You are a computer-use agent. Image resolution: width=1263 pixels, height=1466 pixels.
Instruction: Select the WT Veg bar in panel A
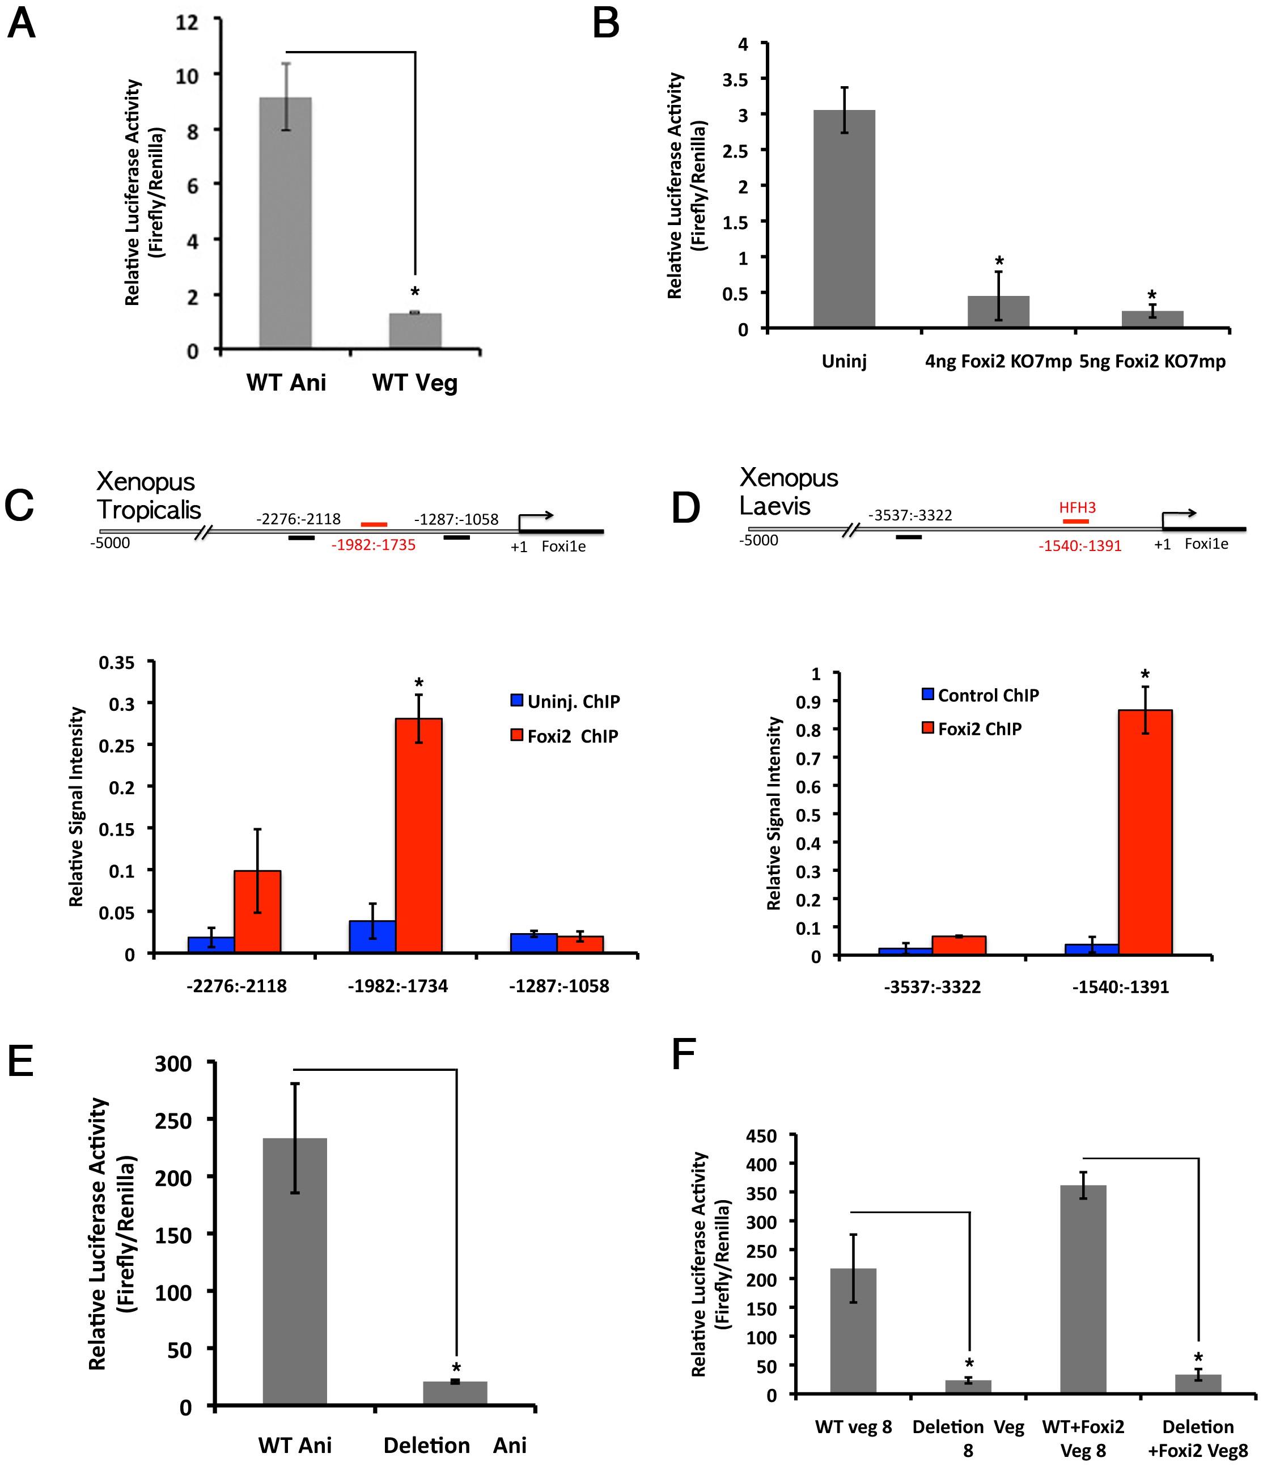click(416, 331)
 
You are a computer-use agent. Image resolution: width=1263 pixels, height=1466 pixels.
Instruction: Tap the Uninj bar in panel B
click(844, 219)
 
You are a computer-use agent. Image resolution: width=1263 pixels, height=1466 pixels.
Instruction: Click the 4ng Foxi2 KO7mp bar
click(998, 311)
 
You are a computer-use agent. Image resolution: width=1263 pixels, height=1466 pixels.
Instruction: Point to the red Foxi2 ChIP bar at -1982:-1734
click(419, 836)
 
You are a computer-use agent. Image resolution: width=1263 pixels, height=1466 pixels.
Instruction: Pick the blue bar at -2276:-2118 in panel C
click(211, 944)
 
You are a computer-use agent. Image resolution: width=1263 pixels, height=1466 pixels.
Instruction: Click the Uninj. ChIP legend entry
click(565, 701)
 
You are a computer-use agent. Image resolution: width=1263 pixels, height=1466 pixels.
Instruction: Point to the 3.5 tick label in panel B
click(735, 80)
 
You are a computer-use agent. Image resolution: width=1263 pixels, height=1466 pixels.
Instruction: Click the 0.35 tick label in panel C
click(116, 663)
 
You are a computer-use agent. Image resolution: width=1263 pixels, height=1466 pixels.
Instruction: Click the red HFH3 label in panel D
click(1077, 507)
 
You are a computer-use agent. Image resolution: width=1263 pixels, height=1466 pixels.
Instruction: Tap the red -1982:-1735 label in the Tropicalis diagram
click(374, 545)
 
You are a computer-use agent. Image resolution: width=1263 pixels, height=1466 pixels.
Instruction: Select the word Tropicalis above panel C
click(149, 510)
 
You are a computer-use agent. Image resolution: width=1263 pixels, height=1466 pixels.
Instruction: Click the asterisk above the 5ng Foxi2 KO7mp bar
click(1152, 296)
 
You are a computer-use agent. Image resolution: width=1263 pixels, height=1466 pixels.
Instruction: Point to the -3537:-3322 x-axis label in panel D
click(932, 987)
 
